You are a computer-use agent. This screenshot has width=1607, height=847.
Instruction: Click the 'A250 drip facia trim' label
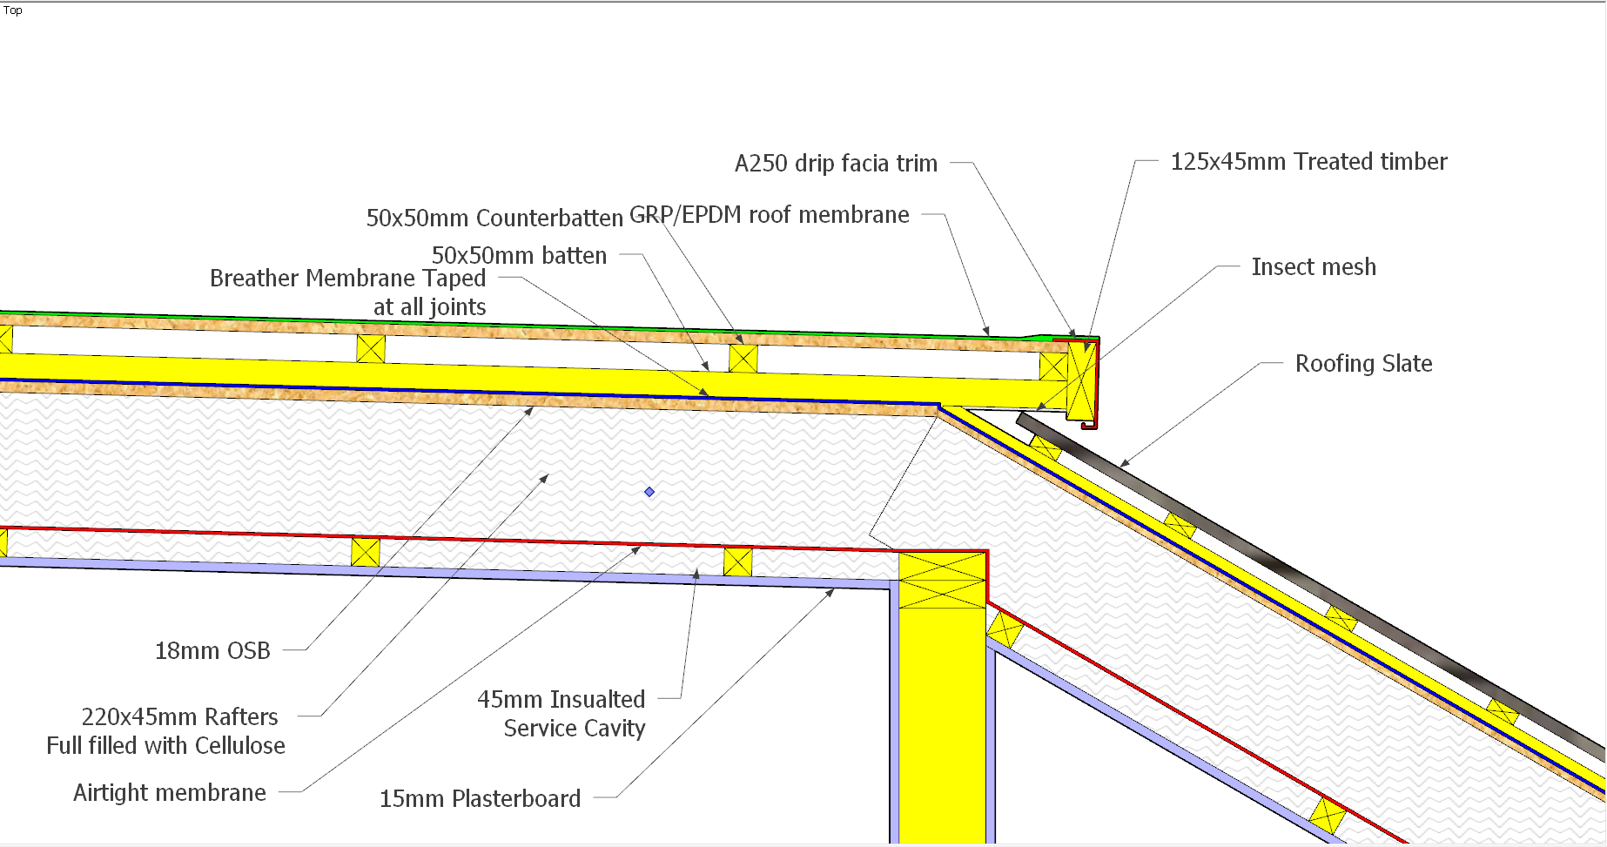coord(836,164)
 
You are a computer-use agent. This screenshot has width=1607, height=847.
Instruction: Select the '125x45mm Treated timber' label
coord(1308,162)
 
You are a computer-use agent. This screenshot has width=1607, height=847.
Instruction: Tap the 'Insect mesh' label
coord(1314,267)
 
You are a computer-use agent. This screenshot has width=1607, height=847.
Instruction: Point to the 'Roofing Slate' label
coord(1363,364)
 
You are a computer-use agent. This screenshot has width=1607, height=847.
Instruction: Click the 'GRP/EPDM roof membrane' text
coord(770,215)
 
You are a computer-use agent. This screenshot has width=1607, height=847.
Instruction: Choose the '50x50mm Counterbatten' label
coord(494,218)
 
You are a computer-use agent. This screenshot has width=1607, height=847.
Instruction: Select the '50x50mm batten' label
coord(519,256)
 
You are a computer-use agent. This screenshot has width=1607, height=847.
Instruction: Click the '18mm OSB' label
coord(212,651)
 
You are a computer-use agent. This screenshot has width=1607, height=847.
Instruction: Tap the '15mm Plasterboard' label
coord(480,799)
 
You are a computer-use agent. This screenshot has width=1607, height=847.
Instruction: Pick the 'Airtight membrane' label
coord(170,793)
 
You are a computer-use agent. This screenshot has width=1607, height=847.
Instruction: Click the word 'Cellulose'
coord(240,746)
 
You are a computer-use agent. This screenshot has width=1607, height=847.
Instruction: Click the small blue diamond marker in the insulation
coord(649,492)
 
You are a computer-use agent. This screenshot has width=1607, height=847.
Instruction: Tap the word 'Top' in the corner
coord(13,10)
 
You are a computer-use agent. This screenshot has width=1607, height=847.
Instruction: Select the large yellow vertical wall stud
coord(942,696)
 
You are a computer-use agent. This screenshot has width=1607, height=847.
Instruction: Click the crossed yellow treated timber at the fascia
coord(1080,381)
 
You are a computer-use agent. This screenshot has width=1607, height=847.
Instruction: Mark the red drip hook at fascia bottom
coord(1090,424)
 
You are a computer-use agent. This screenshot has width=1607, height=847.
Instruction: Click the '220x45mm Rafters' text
coord(179,717)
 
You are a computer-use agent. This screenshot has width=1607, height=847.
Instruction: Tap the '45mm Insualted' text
coord(561,700)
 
